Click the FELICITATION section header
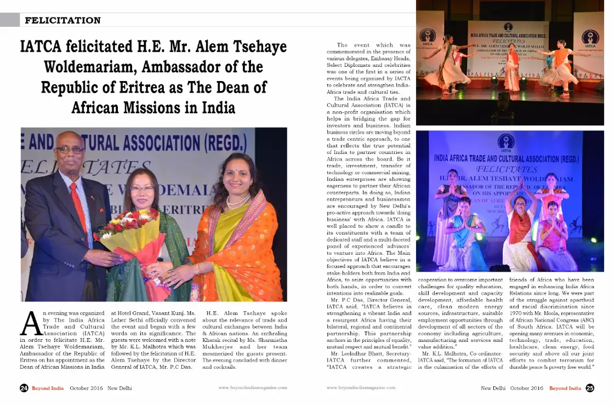click(63, 21)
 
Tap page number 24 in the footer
click(24, 388)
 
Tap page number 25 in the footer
click(589, 388)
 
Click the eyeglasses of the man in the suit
click(70, 149)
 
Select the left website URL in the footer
click(253, 388)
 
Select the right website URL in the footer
click(361, 388)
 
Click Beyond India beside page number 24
click(48, 388)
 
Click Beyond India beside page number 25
click(565, 388)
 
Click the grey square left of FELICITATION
click(9, 20)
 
